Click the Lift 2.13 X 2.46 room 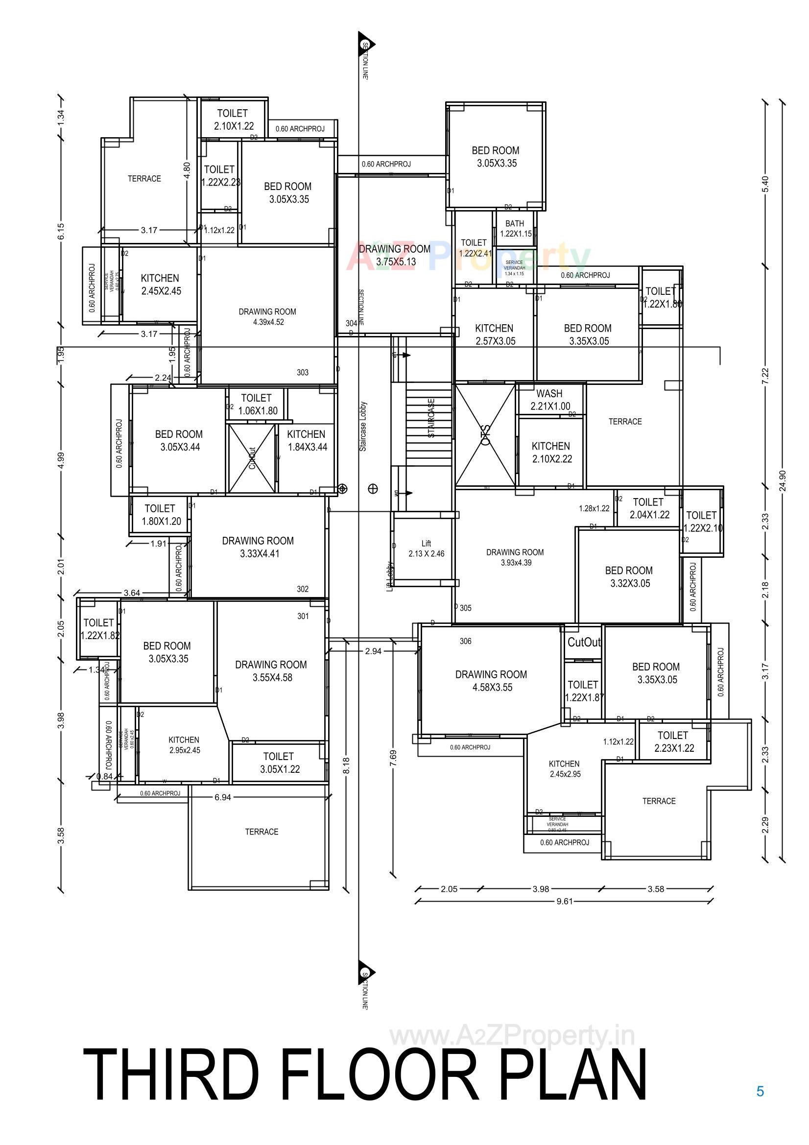click(426, 548)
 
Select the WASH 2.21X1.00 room click(549, 400)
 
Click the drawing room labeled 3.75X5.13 click(395, 255)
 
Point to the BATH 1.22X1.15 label click(515, 228)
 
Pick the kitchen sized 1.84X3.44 click(306, 440)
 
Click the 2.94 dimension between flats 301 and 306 click(373, 651)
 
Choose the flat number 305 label click(465, 608)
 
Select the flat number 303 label click(302, 372)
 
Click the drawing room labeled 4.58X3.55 click(491, 681)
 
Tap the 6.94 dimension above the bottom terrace click(222, 797)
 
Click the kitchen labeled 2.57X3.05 click(494, 334)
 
